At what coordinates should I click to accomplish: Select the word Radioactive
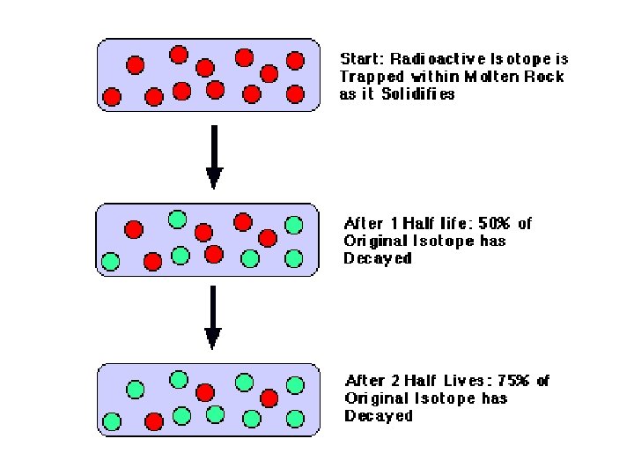coord(429,59)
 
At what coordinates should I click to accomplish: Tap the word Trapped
coord(371,77)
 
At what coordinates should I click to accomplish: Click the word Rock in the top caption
coord(547,77)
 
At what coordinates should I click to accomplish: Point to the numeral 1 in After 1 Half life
coord(382,224)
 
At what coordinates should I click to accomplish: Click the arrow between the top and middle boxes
coord(213,157)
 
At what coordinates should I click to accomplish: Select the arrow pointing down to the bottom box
coord(213,316)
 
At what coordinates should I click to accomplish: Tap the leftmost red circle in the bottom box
coord(154,420)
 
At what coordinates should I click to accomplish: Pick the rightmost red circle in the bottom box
coord(269,398)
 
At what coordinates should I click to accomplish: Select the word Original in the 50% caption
coord(373,242)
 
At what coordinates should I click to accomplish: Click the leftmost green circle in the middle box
coord(111,261)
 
